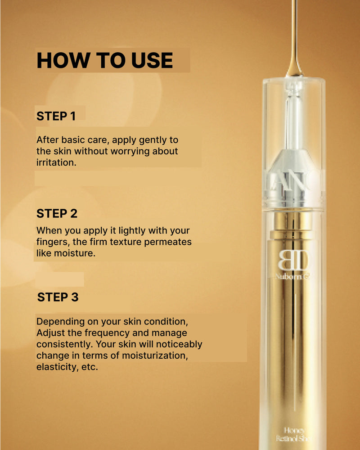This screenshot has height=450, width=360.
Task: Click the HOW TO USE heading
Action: (104, 61)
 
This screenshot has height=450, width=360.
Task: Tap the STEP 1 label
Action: (56, 116)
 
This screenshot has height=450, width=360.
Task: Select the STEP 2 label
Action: (57, 213)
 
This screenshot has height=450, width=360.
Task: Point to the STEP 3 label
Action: (58, 297)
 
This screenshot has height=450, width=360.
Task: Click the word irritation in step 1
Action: (56, 162)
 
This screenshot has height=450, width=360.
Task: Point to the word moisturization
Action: (148, 355)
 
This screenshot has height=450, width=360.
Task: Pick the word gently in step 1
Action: (137, 140)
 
